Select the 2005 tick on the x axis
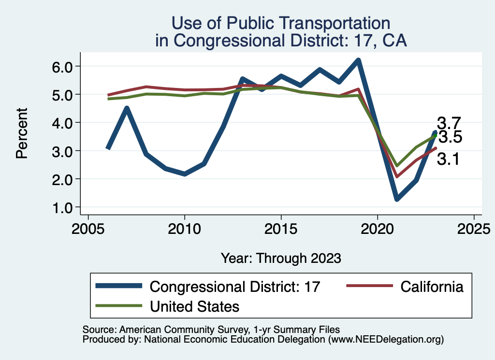88,228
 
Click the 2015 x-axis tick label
281,228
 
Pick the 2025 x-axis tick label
474,228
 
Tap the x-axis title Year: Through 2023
281,258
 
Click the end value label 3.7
449,123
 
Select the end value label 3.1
449,159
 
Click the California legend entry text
432,287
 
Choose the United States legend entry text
195,306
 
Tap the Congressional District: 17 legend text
235,287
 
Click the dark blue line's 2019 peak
358,60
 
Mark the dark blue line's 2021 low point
397,199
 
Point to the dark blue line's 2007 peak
126,108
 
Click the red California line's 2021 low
397,176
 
